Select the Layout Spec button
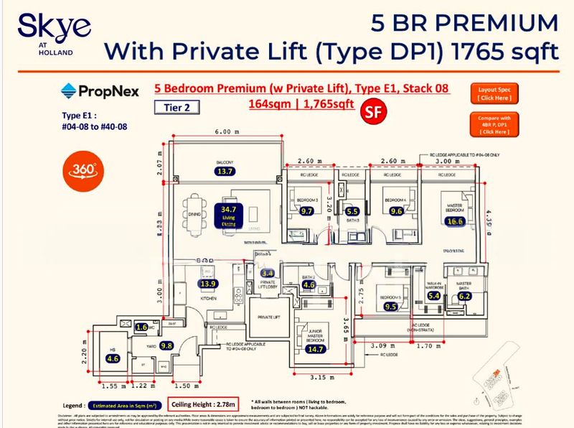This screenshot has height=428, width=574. pos(495,93)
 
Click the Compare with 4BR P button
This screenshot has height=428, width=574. pos(495,124)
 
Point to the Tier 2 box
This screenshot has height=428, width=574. pos(177,107)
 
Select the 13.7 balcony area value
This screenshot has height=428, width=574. pos(227,172)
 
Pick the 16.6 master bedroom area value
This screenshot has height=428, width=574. pos(454,223)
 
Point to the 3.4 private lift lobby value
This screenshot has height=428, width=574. pos(268,274)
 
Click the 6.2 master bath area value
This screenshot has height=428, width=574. pos(464,295)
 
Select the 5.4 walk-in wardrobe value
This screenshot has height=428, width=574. pos(434,295)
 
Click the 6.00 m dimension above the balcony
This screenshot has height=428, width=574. pos(227,132)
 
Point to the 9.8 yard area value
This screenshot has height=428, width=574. pos(167,345)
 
